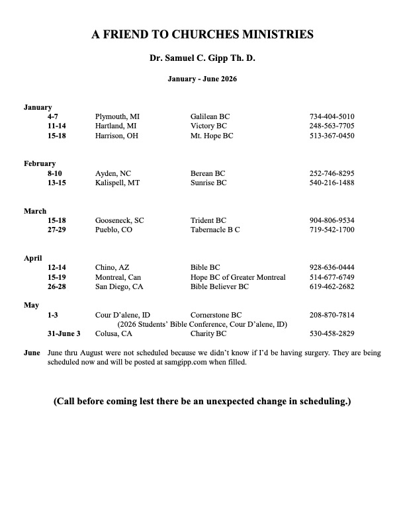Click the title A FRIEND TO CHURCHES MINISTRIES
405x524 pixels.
click(x=202, y=35)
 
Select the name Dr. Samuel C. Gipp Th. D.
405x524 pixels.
click(x=202, y=59)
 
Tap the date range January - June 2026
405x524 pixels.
click(x=202, y=79)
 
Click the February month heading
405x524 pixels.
click(x=40, y=163)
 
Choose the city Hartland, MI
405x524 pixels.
click(x=116, y=126)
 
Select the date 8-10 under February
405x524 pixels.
click(x=56, y=173)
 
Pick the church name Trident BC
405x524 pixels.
click(x=208, y=220)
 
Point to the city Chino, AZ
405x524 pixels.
click(x=112, y=268)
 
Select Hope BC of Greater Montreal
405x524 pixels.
click(x=238, y=277)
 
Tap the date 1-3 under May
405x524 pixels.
click(x=54, y=315)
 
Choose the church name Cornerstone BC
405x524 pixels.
click(x=216, y=315)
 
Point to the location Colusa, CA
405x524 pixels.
click(x=114, y=333)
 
